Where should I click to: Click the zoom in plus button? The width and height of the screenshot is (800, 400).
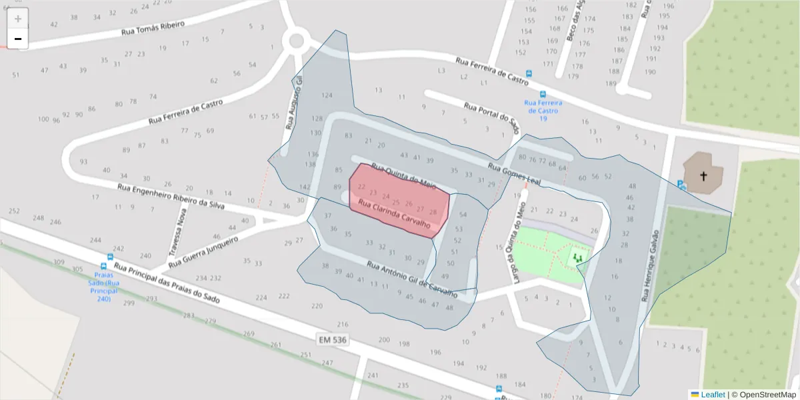click(x=18, y=19)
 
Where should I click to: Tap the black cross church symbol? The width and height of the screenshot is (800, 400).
click(x=703, y=176)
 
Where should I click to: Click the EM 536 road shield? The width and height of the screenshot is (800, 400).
click(x=333, y=340)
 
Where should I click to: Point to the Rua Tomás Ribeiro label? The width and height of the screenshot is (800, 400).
click(x=153, y=28)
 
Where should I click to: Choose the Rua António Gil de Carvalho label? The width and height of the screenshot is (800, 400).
click(x=412, y=279)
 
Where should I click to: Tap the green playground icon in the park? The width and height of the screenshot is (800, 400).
click(x=577, y=257)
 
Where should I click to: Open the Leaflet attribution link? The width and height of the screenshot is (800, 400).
click(x=712, y=395)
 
